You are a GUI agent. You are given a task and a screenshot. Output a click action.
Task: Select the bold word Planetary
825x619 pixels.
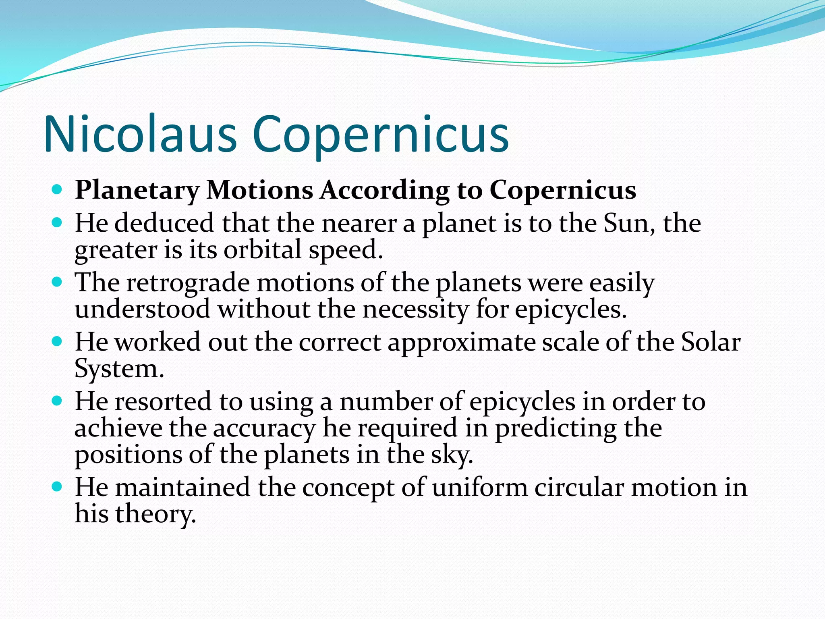click(137, 190)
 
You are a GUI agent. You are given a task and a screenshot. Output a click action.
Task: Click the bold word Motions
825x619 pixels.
click(259, 190)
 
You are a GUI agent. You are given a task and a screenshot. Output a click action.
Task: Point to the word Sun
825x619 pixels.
click(629, 223)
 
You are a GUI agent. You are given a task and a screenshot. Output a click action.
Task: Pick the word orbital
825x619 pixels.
click(262, 249)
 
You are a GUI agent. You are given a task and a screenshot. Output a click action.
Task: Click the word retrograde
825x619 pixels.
click(188, 282)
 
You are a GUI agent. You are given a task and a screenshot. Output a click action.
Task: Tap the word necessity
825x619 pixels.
click(416, 309)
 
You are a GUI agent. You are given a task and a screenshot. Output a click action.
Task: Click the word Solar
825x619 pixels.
click(711, 343)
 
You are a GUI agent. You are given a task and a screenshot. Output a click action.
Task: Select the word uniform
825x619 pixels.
click(480, 487)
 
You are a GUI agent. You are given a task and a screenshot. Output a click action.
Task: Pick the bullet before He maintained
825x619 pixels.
click(57, 486)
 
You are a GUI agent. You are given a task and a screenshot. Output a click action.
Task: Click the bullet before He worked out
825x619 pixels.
click(57, 342)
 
